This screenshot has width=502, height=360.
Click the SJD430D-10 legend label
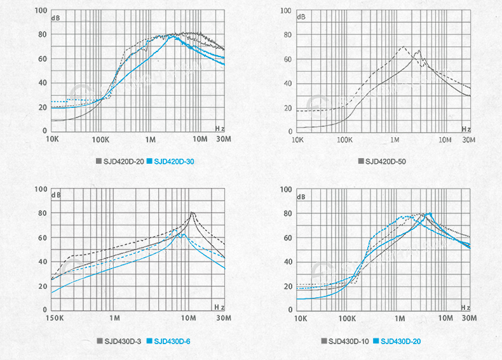(349, 342)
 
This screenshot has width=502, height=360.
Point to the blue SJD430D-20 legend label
(400, 342)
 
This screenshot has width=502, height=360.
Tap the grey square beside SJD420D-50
(361, 162)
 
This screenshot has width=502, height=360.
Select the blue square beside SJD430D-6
(150, 342)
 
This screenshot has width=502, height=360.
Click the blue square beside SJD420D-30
(150, 162)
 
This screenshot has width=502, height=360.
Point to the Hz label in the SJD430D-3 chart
(220, 307)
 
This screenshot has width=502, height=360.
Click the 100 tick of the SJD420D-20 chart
(41, 11)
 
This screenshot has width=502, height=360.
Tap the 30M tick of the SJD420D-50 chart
(469, 139)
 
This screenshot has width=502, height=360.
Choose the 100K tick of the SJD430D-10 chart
(347, 317)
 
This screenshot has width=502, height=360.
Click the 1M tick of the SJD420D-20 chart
(151, 139)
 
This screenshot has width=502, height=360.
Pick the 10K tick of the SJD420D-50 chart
(297, 139)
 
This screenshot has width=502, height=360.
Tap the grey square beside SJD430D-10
(324, 342)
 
